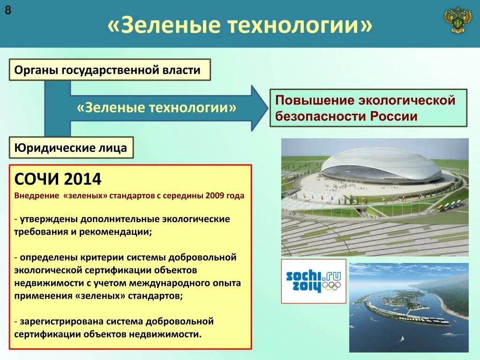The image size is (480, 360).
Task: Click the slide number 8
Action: pyautogui.click(x=8, y=10)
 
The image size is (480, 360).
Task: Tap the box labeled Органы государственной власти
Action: pyautogui.click(x=110, y=70)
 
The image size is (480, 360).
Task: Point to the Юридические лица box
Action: pyautogui.click(x=71, y=148)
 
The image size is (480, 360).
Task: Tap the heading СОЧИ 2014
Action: pyautogui.click(x=58, y=179)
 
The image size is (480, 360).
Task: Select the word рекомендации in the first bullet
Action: pyautogui.click(x=115, y=232)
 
